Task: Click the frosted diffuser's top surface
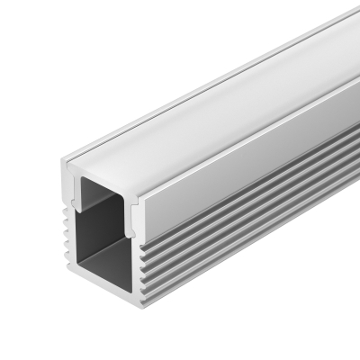click(x=225, y=99)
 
